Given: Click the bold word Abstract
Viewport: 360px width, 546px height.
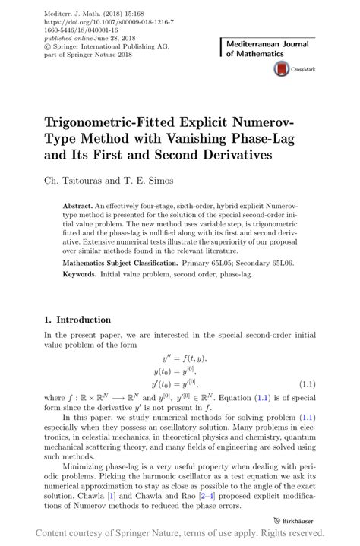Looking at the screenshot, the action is (x=77, y=206).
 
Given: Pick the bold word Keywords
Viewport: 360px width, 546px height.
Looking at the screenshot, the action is (x=80, y=273).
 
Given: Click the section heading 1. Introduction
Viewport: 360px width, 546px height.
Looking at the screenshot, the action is (x=77, y=320).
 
